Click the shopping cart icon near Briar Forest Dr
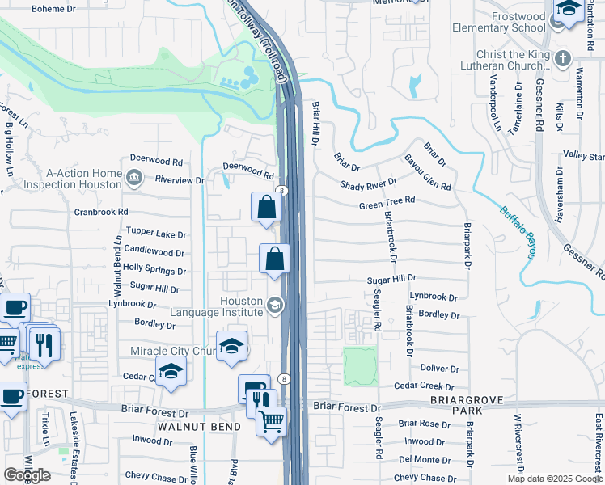[x=271, y=421]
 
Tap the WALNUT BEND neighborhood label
[x=199, y=426]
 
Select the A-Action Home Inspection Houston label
[x=72, y=179]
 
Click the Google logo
[x=27, y=475]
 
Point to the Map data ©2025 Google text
[x=554, y=479]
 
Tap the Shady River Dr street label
[x=368, y=185]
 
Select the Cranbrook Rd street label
[x=101, y=212]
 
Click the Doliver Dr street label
[x=440, y=369]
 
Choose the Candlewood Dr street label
[x=155, y=251]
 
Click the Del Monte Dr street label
[x=417, y=459]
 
